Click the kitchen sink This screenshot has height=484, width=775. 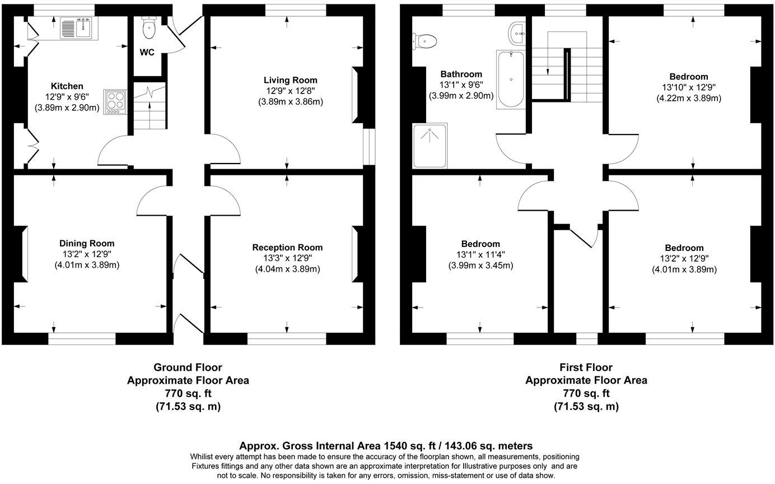78,27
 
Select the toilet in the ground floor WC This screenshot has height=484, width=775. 149,29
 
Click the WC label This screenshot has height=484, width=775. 147,53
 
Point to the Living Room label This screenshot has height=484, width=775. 290,80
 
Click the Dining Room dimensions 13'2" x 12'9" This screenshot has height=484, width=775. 87,254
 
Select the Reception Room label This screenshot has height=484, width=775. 287,247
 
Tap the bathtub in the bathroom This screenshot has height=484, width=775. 510,78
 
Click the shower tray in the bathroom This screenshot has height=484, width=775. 430,146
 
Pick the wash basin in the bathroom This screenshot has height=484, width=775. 517,33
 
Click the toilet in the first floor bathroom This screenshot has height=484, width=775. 426,40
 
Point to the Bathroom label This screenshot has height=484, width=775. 461,74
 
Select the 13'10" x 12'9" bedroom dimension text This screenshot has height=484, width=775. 688,87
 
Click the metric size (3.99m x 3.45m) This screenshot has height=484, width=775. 480,265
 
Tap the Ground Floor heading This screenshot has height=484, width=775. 188,367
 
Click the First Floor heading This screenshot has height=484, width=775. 586,367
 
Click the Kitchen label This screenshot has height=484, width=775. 67,86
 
